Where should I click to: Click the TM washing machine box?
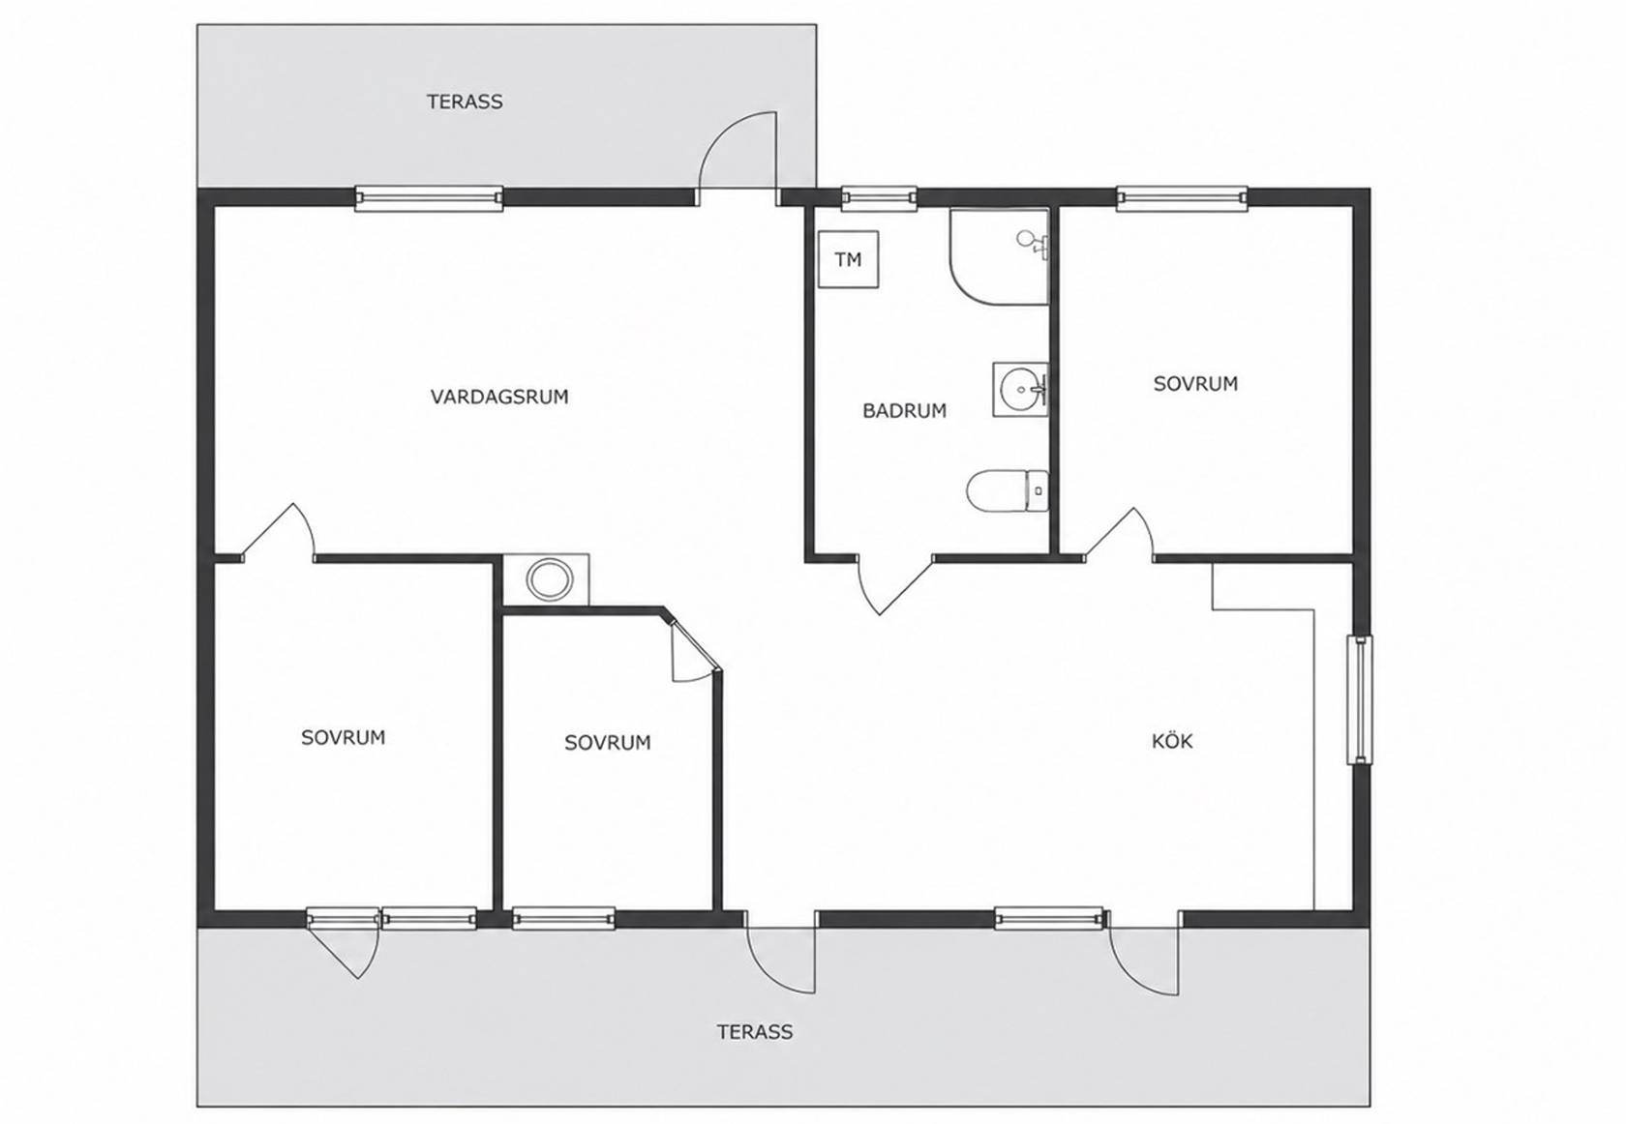click(x=848, y=259)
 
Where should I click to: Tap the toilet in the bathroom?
click(x=1008, y=490)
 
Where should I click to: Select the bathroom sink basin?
click(x=1020, y=390)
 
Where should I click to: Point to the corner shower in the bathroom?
click(x=1000, y=257)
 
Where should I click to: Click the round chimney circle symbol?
click(x=550, y=579)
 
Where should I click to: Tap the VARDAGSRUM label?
click(x=499, y=397)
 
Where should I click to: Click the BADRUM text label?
click(x=904, y=411)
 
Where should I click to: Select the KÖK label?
click(x=1171, y=741)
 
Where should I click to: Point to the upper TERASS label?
click(x=465, y=102)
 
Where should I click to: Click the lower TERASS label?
click(x=755, y=1032)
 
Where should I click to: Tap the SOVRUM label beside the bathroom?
click(x=1195, y=383)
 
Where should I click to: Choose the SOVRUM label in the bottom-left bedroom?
click(x=344, y=737)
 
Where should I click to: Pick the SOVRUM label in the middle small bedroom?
click(x=608, y=742)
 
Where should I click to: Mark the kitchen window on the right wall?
click(x=1360, y=699)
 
